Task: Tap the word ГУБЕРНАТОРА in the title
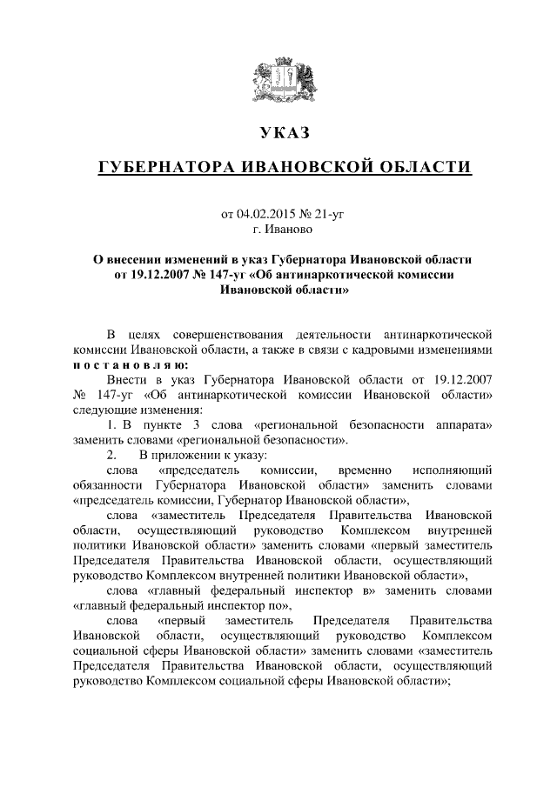[x=161, y=166]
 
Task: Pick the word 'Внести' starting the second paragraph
[x=124, y=381]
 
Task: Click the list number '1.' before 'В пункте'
[x=111, y=426]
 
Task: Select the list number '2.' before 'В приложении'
[x=111, y=456]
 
